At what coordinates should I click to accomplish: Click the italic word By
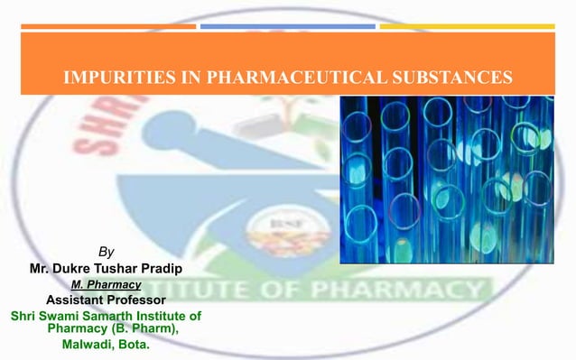click(106, 252)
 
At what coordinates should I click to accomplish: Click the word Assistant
click(71, 300)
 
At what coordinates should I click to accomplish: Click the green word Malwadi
click(88, 344)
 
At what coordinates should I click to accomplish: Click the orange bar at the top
click(108, 26)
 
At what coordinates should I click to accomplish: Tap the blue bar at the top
click(287, 26)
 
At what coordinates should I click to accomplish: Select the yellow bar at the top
click(466, 26)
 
